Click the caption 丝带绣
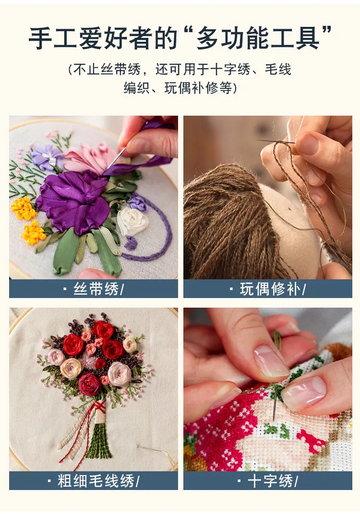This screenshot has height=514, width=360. pyautogui.click(x=96, y=289)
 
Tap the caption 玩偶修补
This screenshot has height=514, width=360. pyautogui.click(x=270, y=289)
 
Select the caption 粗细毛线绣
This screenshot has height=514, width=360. pyautogui.click(x=96, y=481)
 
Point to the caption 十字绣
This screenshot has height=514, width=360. pyautogui.click(x=270, y=481)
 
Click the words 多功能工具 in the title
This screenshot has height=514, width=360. pyautogui.click(x=258, y=39)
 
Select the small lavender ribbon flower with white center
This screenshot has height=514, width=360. pyautogui.click(x=48, y=157)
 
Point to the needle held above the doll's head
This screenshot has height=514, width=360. pyautogui.click(x=276, y=142)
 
